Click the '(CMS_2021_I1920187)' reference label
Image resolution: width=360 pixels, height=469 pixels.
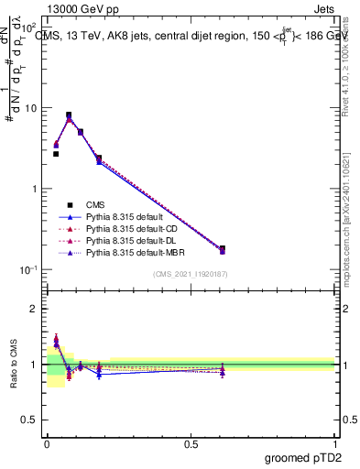191,275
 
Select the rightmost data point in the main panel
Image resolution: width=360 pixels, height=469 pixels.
223,249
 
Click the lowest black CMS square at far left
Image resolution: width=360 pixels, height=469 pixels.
56,154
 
